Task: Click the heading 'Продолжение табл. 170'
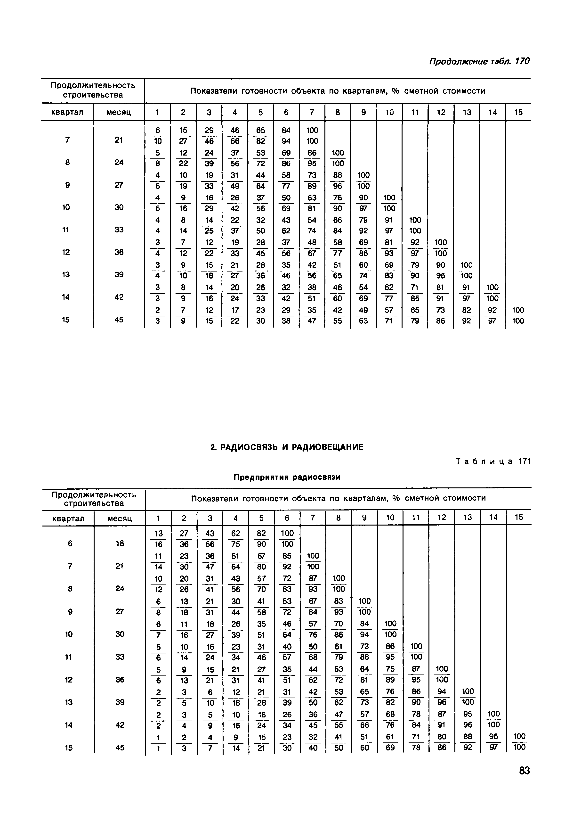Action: tap(479, 61)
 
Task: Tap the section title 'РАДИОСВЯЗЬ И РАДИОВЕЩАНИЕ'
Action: tap(287, 447)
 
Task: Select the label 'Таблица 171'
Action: tap(493, 461)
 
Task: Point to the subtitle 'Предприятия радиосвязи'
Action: tap(287, 477)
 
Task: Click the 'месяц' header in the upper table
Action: tap(119, 112)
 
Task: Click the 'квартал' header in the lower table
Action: tap(68, 518)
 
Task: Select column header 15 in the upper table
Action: tap(518, 112)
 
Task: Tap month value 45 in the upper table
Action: tap(119, 319)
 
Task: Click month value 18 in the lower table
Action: tap(120, 543)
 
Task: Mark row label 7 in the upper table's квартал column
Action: tap(67, 140)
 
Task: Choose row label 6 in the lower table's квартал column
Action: tap(70, 543)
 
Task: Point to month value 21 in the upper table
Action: tap(119, 140)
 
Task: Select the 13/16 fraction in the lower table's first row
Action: tap(158, 539)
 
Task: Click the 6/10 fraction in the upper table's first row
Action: tap(157, 135)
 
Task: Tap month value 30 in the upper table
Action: tap(119, 207)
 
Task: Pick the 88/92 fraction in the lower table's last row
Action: tap(468, 742)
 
